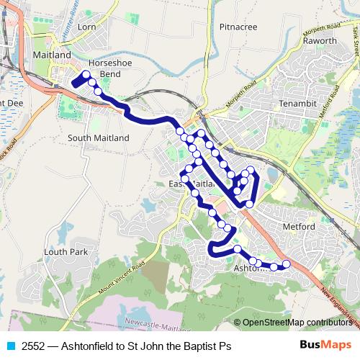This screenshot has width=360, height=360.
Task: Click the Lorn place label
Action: coord(86,27)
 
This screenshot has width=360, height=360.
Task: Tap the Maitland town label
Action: coord(52,55)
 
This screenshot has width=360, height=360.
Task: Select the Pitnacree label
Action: coord(238,27)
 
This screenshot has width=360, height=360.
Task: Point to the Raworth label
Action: coord(320,41)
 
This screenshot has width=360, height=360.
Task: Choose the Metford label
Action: coord(300,227)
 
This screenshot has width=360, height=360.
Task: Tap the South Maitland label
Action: coord(97,138)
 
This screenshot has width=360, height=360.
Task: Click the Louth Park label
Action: coord(65,252)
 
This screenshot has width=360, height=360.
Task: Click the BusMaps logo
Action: coord(325,345)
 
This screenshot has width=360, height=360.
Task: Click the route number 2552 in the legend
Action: coord(33,346)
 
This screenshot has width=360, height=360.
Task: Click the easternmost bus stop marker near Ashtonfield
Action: coord(286,264)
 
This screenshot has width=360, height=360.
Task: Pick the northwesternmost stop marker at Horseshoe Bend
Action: coord(86,75)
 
